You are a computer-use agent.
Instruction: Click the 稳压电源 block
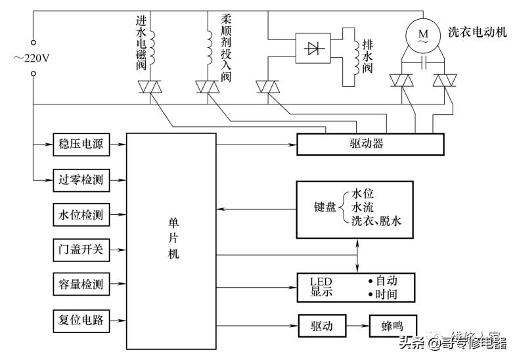80,143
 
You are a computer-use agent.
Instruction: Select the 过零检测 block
80,179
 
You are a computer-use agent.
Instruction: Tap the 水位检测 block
80,214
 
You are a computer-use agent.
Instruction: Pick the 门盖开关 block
80,250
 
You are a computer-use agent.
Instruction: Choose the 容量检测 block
80,285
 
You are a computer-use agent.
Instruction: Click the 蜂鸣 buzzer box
390,325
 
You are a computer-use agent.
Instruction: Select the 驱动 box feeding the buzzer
321,325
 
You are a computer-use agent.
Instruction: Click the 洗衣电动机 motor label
477,32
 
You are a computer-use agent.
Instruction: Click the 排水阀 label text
367,56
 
